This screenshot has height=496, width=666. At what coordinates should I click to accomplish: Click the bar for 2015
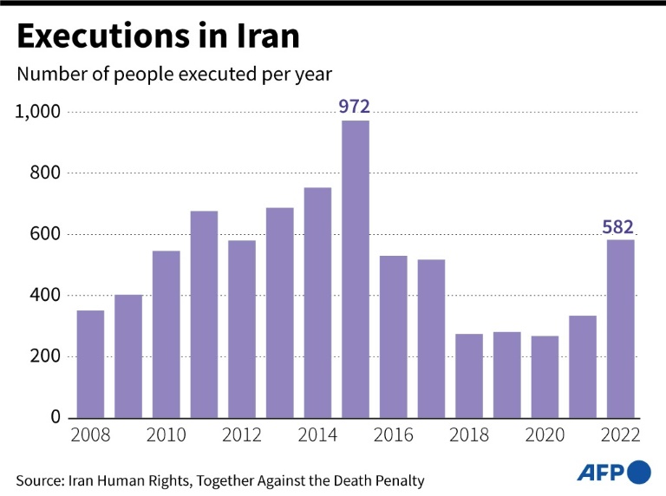356,269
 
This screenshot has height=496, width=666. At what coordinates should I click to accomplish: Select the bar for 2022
620,329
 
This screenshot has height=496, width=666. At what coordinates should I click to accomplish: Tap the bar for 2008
90,363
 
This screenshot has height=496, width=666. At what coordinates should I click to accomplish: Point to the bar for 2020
545,376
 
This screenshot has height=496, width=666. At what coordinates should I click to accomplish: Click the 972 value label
355,107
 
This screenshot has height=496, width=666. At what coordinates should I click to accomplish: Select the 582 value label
620,227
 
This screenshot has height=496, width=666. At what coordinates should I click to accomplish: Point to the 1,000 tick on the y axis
36,112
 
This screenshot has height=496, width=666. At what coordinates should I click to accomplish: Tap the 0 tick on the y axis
53,418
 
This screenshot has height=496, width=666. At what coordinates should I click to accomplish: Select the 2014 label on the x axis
317,436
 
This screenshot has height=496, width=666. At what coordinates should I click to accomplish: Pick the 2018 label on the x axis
468,436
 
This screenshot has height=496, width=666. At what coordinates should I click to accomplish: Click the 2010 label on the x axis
166,436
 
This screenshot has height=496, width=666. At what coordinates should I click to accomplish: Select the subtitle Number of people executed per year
174,74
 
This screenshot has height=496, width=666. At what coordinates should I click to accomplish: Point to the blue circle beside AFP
638,473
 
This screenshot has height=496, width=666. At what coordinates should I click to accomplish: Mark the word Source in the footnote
41,480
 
